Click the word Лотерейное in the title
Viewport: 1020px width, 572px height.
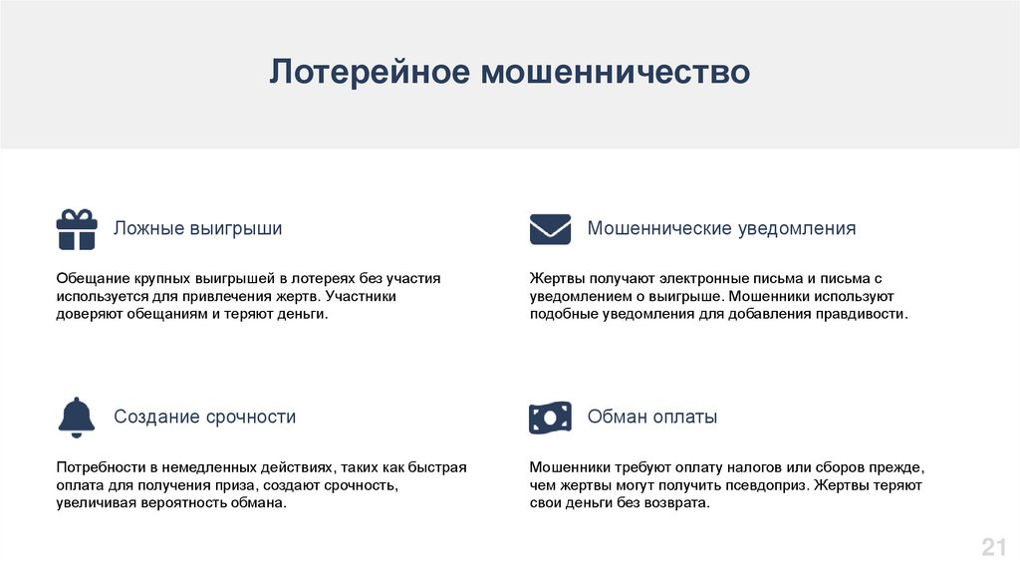(x=370, y=71)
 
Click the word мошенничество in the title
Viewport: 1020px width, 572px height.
(x=616, y=72)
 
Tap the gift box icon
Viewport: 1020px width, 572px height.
(x=77, y=230)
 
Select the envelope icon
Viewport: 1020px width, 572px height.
(x=550, y=229)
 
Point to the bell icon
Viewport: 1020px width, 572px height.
(x=77, y=418)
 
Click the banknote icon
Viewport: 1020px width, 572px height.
(x=550, y=418)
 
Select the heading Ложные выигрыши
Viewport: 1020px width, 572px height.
(x=198, y=228)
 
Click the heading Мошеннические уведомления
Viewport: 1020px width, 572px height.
(x=721, y=228)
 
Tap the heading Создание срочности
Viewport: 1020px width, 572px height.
(x=205, y=417)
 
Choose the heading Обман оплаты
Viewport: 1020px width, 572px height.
(x=652, y=417)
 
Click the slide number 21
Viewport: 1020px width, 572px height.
(x=993, y=547)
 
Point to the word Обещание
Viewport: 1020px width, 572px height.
(x=93, y=278)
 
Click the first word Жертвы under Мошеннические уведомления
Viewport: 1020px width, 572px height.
(x=558, y=278)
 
